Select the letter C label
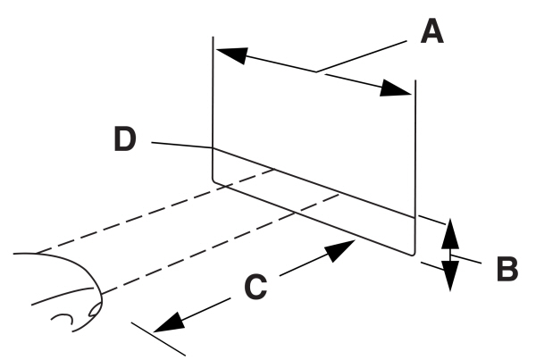tap(255, 287)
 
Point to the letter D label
tap(125, 138)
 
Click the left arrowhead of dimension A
tap(228, 53)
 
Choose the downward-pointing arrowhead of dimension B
tap(451, 276)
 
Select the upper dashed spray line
tap(161, 212)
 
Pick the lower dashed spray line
tap(223, 241)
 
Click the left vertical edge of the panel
tap(213, 107)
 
